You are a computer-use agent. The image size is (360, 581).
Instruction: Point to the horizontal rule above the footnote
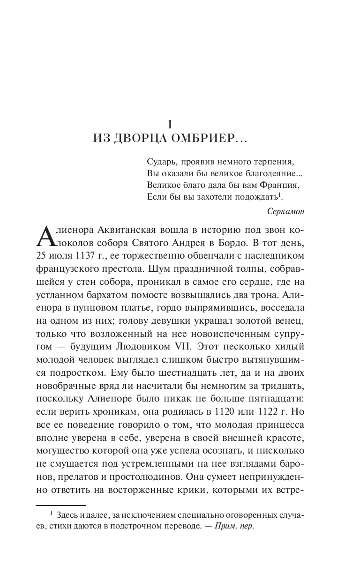tap(61, 506)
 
